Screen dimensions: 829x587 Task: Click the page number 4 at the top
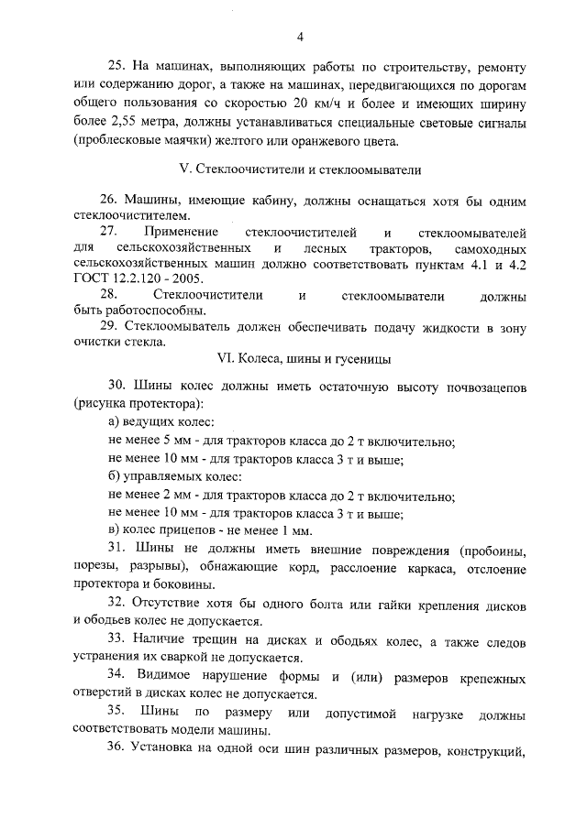(x=300, y=36)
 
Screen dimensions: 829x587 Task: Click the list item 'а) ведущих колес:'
(x=161, y=421)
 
